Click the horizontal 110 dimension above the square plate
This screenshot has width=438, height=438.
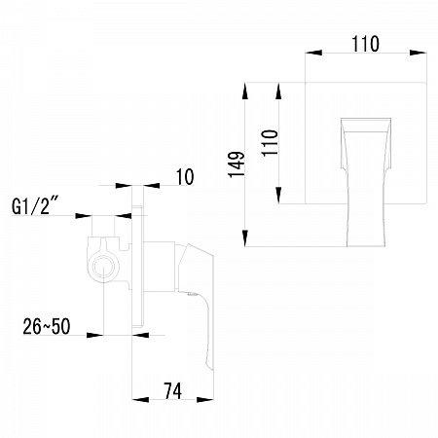pyautogui.click(x=365, y=44)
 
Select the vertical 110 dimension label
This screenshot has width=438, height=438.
pyautogui.click(x=270, y=143)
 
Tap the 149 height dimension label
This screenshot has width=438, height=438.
pyautogui.click(x=237, y=164)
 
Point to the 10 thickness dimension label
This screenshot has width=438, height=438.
pyautogui.click(x=185, y=177)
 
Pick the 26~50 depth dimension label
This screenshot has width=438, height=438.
pyautogui.click(x=47, y=326)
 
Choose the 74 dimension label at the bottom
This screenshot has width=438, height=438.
pyautogui.click(x=173, y=390)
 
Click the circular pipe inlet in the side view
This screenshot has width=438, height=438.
pyautogui.click(x=103, y=267)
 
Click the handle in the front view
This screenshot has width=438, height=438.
pyautogui.click(x=366, y=182)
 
